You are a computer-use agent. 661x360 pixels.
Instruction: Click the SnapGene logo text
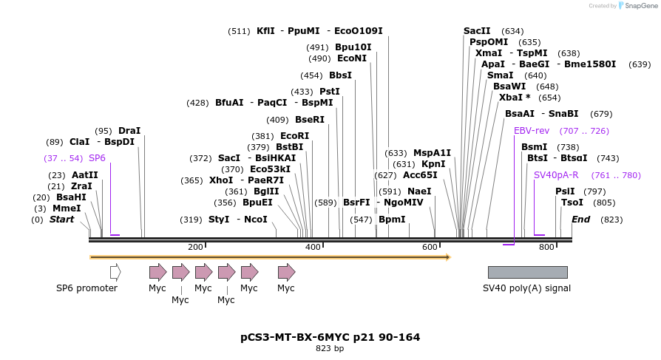pos(638,6)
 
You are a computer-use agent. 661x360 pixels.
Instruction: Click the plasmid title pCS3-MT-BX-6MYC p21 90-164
pos(330,337)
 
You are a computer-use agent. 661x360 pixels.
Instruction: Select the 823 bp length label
pos(330,348)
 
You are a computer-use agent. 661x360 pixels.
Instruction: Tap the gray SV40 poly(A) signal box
pos(527,272)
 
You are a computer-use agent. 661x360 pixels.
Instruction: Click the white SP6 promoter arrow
pos(115,272)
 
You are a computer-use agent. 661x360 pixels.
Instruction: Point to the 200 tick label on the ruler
pos(195,247)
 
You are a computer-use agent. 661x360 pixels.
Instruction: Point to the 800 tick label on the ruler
pos(546,247)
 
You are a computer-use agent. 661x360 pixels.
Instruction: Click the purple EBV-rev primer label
pos(532,131)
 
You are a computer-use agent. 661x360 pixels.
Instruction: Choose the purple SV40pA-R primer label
pos(556,175)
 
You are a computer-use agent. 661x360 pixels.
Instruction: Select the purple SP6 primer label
pos(97,158)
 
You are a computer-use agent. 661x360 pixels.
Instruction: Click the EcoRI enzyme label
pos(294,136)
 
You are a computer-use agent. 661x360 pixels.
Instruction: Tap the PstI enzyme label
pos(330,92)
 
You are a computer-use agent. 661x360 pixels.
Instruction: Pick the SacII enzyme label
pos(477,31)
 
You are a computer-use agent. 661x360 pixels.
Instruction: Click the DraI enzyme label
pos(129,131)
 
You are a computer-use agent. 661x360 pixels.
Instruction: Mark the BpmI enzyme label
pos(392,220)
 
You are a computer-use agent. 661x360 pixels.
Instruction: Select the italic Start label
pos(61,220)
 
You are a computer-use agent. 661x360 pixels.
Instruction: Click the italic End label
pos(580,220)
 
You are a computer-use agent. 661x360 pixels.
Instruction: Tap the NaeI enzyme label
pos(419,191)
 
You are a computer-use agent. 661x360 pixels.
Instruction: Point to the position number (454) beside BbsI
pos(311,75)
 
